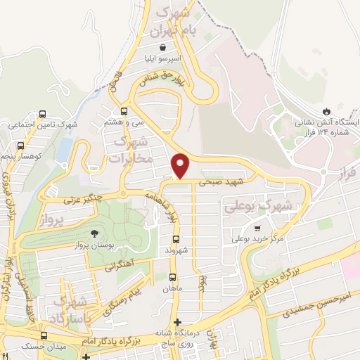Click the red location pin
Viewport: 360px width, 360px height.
click(x=181, y=166)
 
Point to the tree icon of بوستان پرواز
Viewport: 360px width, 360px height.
click(x=94, y=234)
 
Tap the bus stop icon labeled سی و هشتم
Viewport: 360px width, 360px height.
click(x=124, y=110)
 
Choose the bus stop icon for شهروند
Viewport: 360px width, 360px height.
click(x=176, y=239)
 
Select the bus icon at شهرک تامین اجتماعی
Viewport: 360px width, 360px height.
click(x=42, y=114)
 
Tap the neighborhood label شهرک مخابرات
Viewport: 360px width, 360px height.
click(x=131, y=150)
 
